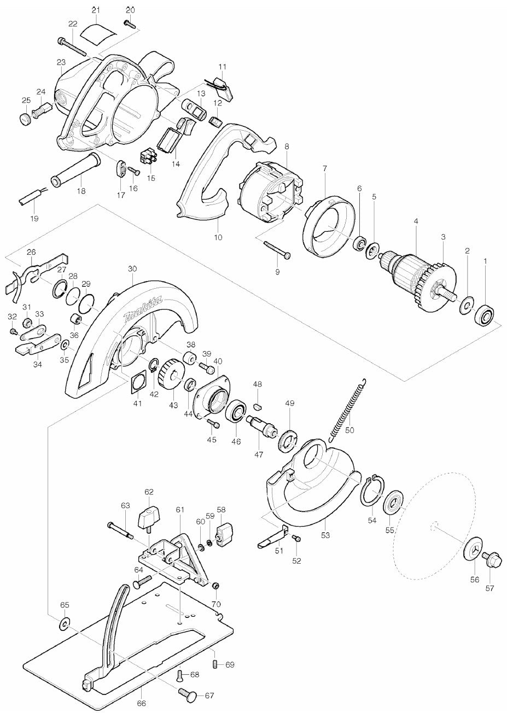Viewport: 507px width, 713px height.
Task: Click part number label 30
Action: coord(132,269)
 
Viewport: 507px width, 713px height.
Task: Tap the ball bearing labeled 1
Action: coord(484,315)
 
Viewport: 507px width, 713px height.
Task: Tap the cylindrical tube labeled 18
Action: coord(76,171)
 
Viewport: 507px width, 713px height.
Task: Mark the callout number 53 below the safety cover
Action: coord(325,535)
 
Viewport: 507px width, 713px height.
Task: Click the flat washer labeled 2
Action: coord(467,306)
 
